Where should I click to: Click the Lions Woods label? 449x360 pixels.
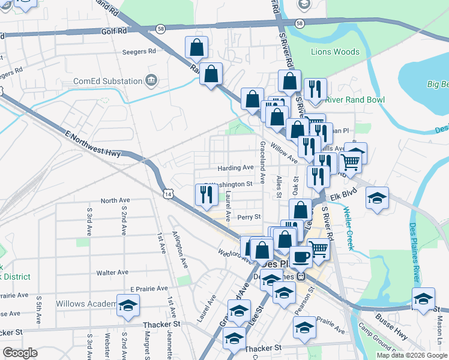(x=335, y=52)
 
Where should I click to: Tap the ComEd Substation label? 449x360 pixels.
(x=108, y=81)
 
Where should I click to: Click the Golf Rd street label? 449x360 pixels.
(x=114, y=31)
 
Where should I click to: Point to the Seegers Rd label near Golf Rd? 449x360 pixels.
(x=139, y=52)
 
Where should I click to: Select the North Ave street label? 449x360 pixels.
(x=116, y=200)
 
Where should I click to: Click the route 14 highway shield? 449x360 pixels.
(x=169, y=193)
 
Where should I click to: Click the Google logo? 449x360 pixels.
(x=20, y=353)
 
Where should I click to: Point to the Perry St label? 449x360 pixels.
(x=249, y=217)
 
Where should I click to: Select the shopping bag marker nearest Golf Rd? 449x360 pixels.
(x=196, y=47)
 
